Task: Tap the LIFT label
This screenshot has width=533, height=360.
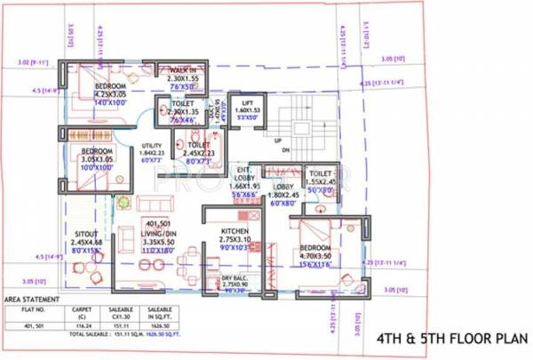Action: click(x=242, y=103)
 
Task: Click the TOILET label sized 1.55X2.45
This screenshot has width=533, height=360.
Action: click(x=320, y=174)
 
